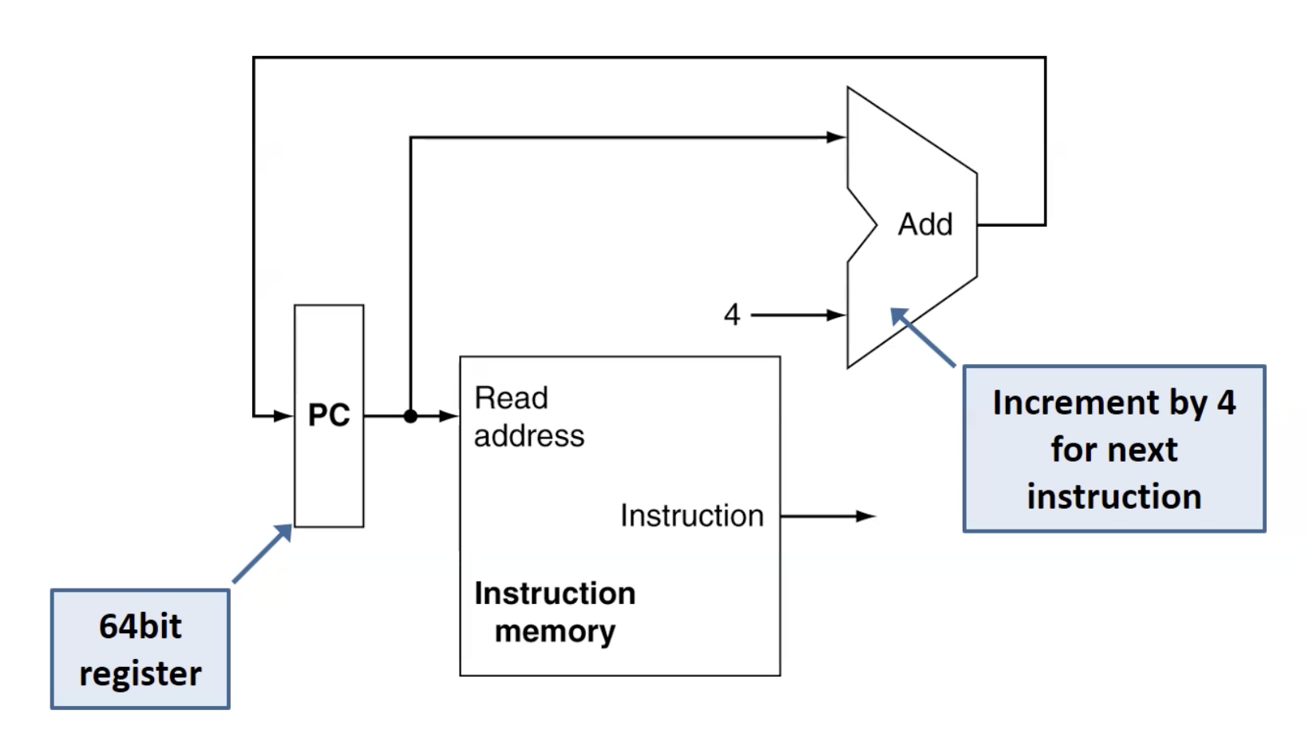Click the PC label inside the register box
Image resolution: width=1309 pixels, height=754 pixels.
[x=329, y=415]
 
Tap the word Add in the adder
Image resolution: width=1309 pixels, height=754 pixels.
[x=925, y=224]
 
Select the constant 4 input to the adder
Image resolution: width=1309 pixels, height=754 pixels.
[x=732, y=315]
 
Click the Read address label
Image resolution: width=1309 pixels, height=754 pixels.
[x=528, y=417]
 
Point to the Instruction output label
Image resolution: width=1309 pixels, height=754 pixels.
[x=692, y=516]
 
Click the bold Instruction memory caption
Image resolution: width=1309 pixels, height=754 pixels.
[x=555, y=612]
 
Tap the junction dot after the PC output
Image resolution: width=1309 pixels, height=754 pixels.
[x=410, y=416]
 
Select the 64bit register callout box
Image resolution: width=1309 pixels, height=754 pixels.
[x=140, y=649]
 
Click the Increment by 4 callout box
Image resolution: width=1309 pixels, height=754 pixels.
[x=1114, y=449]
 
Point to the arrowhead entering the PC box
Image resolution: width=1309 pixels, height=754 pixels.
[x=284, y=416]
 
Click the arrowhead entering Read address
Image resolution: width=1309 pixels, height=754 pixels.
[x=450, y=416]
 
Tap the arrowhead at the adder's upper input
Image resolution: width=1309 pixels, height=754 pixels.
[x=836, y=137]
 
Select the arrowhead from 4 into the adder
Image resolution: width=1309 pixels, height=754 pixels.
[x=836, y=315]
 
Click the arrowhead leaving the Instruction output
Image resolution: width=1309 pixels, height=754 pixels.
[x=867, y=517]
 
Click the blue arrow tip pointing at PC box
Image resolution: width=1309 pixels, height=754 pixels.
[x=287, y=528]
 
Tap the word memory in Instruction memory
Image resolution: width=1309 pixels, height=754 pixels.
[x=555, y=632]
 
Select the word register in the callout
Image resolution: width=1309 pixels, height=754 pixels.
[x=140, y=673]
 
